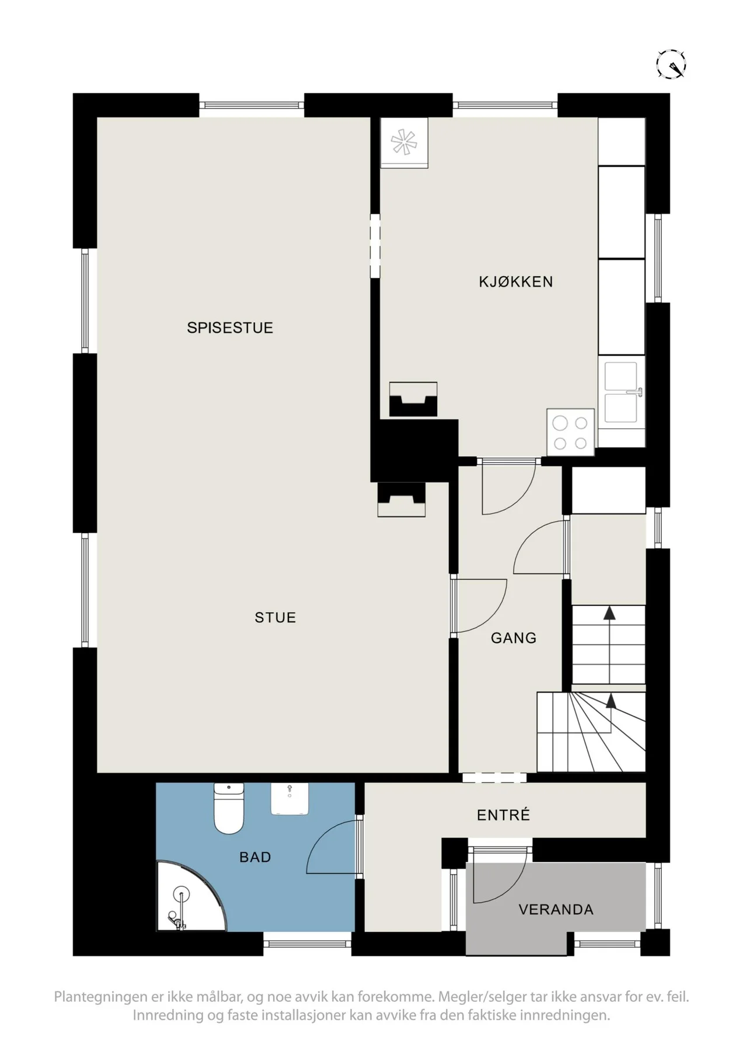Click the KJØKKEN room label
[515, 281]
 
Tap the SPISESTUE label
[230, 328]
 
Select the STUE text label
[275, 617]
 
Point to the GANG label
[514, 638]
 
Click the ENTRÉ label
[503, 815]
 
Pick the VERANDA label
[556, 909]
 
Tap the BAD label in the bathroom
[255, 857]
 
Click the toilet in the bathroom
[229, 809]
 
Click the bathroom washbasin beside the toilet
[289, 799]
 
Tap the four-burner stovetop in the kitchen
[570, 432]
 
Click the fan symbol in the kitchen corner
[404, 143]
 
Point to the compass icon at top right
[671, 64]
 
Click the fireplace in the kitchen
[413, 399]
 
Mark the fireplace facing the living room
[402, 500]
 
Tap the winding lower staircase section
[591, 732]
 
